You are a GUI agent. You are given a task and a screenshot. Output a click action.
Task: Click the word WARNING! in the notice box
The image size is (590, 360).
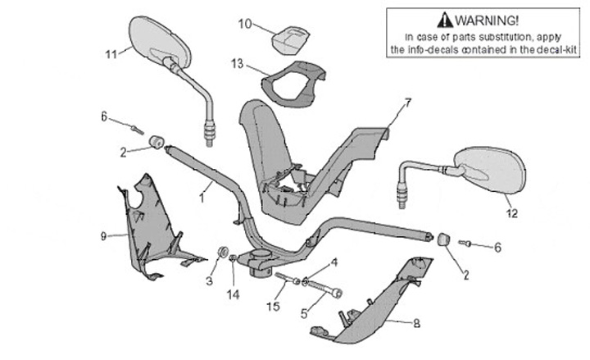point(488,19)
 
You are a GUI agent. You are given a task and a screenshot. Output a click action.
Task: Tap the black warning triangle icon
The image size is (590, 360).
point(444,19)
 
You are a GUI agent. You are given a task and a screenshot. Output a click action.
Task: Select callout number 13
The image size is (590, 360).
point(237,62)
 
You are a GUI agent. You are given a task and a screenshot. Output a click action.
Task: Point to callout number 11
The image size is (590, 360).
point(111,54)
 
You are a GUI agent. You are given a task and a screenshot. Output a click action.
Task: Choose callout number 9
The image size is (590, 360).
point(103,237)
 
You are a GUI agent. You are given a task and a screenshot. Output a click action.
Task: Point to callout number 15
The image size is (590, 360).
point(274,306)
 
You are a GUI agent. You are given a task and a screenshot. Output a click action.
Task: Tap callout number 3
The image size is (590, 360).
point(209,281)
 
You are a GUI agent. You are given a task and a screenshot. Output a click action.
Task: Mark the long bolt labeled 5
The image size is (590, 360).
point(324,289)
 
